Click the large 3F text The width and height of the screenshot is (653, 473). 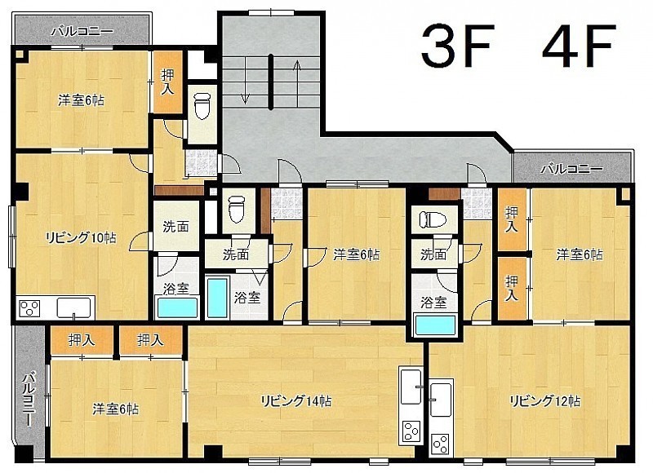tap(457, 45)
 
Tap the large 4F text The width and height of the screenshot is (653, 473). tap(578, 45)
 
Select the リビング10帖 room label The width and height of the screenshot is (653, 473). tap(80, 237)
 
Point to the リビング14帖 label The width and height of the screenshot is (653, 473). tap(296, 401)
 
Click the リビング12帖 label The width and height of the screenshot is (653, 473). tap(545, 400)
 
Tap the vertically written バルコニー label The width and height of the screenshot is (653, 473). tap(29, 400)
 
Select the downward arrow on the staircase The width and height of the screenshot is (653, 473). tap(245, 81)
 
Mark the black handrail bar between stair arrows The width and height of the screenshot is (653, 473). tap(271, 82)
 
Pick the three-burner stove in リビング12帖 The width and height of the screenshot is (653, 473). tap(440, 444)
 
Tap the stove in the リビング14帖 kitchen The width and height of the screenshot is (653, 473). tap(411, 431)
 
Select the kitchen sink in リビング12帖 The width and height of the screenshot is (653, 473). tap(441, 400)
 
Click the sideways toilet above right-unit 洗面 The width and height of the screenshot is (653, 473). tap(433, 219)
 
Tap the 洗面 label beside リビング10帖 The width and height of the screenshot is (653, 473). tap(175, 227)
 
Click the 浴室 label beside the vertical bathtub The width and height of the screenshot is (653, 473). tap(247, 298)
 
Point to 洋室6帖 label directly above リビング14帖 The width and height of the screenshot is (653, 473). tap(357, 254)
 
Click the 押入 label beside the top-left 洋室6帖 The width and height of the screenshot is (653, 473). tap(167, 82)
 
